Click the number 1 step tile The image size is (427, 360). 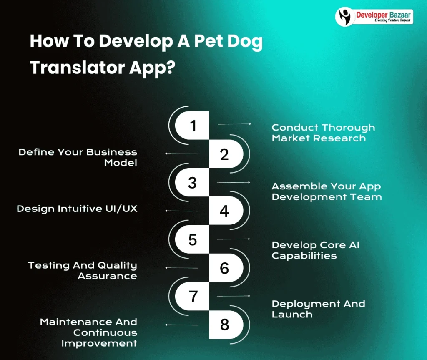pos(192,126)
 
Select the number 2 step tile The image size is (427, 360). pos(225,154)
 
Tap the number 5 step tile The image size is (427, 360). pos(192,239)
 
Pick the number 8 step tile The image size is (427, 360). pos(225,325)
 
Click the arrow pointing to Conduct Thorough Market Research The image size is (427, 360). pos(234,124)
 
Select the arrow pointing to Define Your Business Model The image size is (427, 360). pos(182,154)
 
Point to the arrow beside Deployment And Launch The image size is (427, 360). pos(234,296)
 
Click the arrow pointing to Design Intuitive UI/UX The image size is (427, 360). pos(182,211)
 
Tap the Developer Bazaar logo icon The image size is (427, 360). pos(345,17)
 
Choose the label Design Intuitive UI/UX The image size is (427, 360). pos(77,209)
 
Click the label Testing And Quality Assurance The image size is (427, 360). pos(83,270)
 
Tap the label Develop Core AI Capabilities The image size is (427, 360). pos(315,250)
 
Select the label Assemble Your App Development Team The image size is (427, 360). pos(327,191)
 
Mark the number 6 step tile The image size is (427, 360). pos(225,268)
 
